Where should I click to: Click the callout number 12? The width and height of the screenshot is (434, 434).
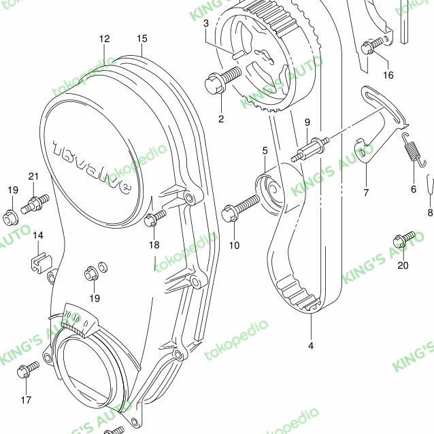(103, 39)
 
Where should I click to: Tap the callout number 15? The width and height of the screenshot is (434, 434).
(141, 39)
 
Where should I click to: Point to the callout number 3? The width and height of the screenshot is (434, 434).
(206, 23)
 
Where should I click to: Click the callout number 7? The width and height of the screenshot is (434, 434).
(365, 193)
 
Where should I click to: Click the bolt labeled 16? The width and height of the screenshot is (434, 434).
(371, 46)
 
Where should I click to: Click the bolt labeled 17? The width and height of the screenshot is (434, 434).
(29, 370)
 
